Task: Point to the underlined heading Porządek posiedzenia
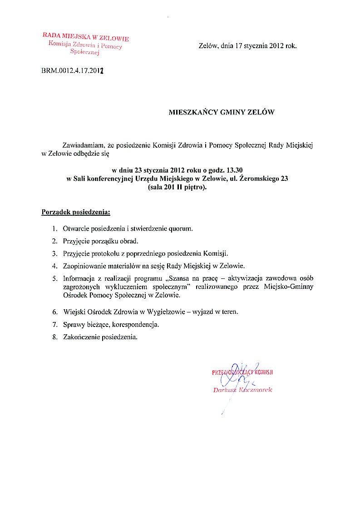76,212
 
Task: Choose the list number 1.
54,228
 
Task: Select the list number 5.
54,278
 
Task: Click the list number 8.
54,337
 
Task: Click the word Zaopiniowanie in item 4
84,266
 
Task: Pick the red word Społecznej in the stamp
85,53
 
